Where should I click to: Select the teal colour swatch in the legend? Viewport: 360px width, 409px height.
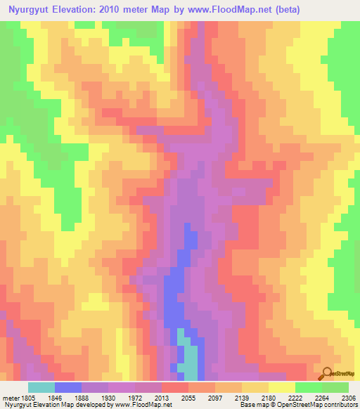pos(41,387)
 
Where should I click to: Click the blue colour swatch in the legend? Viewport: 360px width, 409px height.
pos(67,387)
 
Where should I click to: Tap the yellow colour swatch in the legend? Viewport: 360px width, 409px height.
pos(281,387)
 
